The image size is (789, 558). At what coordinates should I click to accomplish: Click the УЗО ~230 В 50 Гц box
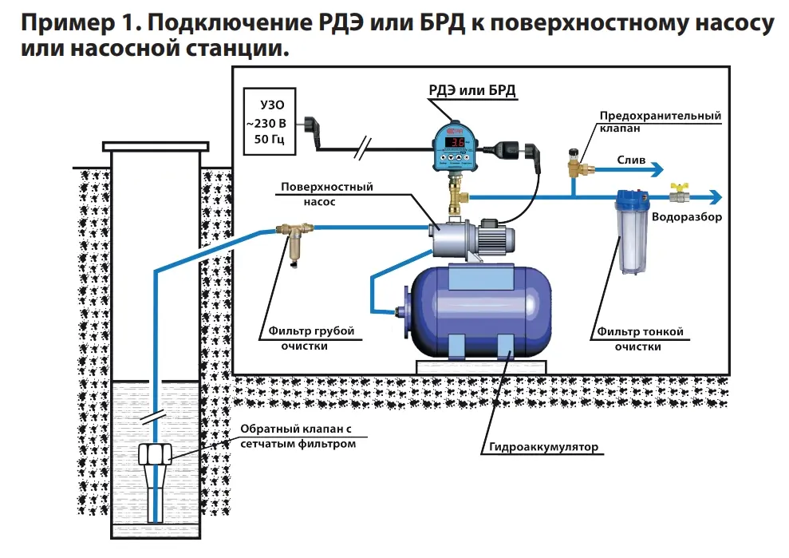[270, 124]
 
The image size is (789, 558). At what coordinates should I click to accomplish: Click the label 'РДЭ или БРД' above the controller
[467, 90]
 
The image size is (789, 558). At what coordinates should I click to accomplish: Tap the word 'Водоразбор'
[686, 217]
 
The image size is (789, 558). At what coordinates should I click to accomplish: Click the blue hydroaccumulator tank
[479, 307]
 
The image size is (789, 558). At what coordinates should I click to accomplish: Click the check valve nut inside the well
[156, 454]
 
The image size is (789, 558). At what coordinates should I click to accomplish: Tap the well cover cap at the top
[156, 146]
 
